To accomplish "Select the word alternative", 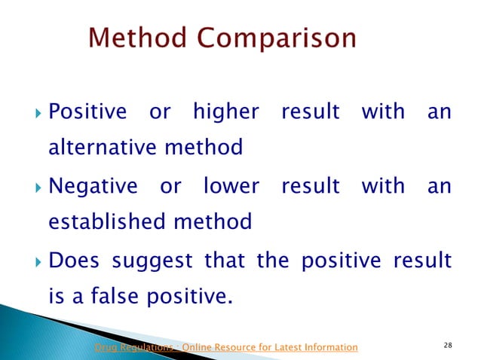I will tap(103, 147).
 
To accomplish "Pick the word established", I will tap(107, 221).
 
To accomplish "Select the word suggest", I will tap(154, 260).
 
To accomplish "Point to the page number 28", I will tap(448, 346).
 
